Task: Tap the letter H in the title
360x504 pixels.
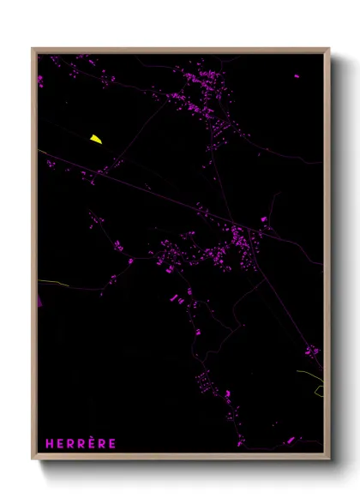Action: (50, 443)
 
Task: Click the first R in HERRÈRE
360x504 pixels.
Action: (74, 443)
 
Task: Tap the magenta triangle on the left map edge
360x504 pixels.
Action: (39, 301)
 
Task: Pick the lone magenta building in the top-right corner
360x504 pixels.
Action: (297, 75)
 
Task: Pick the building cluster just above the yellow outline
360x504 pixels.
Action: (312, 351)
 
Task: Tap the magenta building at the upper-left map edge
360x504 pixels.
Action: (39, 80)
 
